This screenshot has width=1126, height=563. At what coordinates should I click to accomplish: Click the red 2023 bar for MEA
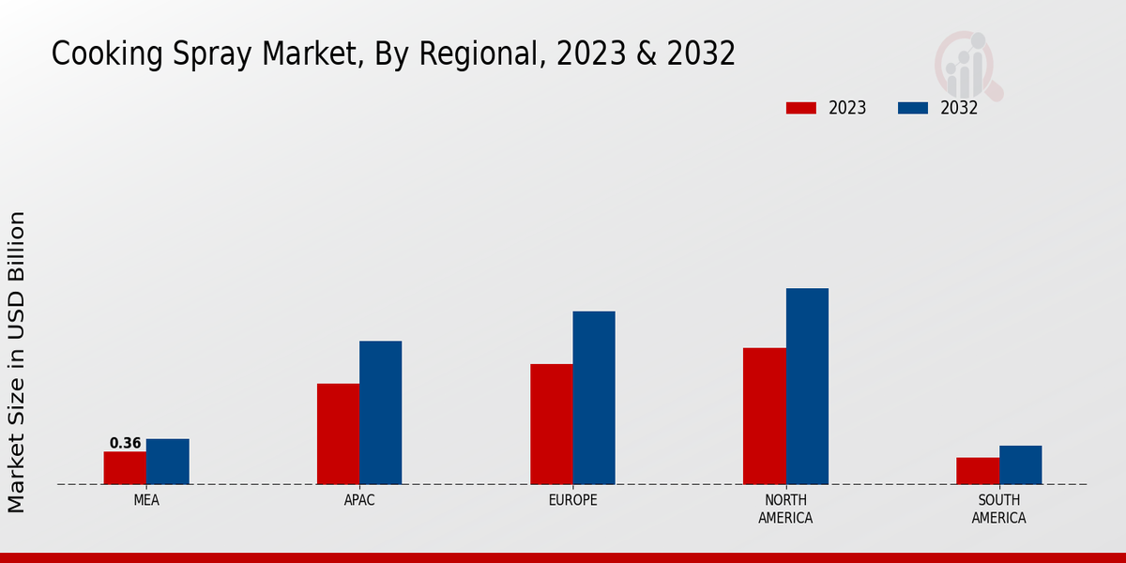click(125, 468)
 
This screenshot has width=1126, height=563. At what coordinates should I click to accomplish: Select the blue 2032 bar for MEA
click(168, 462)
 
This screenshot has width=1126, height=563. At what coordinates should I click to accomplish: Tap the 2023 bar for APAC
click(338, 434)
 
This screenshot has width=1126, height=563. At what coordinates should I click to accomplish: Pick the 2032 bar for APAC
click(381, 413)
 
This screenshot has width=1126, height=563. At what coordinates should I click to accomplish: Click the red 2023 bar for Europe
click(551, 424)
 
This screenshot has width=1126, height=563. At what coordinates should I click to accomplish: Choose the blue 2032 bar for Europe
click(594, 398)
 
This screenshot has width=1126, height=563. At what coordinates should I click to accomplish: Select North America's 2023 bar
click(765, 416)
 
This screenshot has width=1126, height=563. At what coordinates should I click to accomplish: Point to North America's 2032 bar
click(807, 387)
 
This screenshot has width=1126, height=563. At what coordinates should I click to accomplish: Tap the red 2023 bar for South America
click(978, 471)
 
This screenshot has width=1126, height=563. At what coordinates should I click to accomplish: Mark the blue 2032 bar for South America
click(1021, 465)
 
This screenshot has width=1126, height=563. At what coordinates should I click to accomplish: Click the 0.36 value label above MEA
click(125, 444)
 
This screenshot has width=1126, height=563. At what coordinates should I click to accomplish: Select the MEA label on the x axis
click(146, 501)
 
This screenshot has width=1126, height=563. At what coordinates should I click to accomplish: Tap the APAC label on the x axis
click(359, 501)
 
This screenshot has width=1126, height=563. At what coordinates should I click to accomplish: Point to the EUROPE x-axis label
click(572, 501)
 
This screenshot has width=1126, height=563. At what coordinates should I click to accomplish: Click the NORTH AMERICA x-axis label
click(785, 510)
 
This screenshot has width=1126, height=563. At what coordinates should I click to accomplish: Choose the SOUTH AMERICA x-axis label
click(998, 510)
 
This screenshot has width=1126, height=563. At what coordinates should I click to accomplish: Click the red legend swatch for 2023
click(800, 108)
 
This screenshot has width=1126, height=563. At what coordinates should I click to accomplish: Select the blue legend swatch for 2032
click(912, 108)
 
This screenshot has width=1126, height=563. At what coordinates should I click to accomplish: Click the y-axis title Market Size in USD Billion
click(17, 361)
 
